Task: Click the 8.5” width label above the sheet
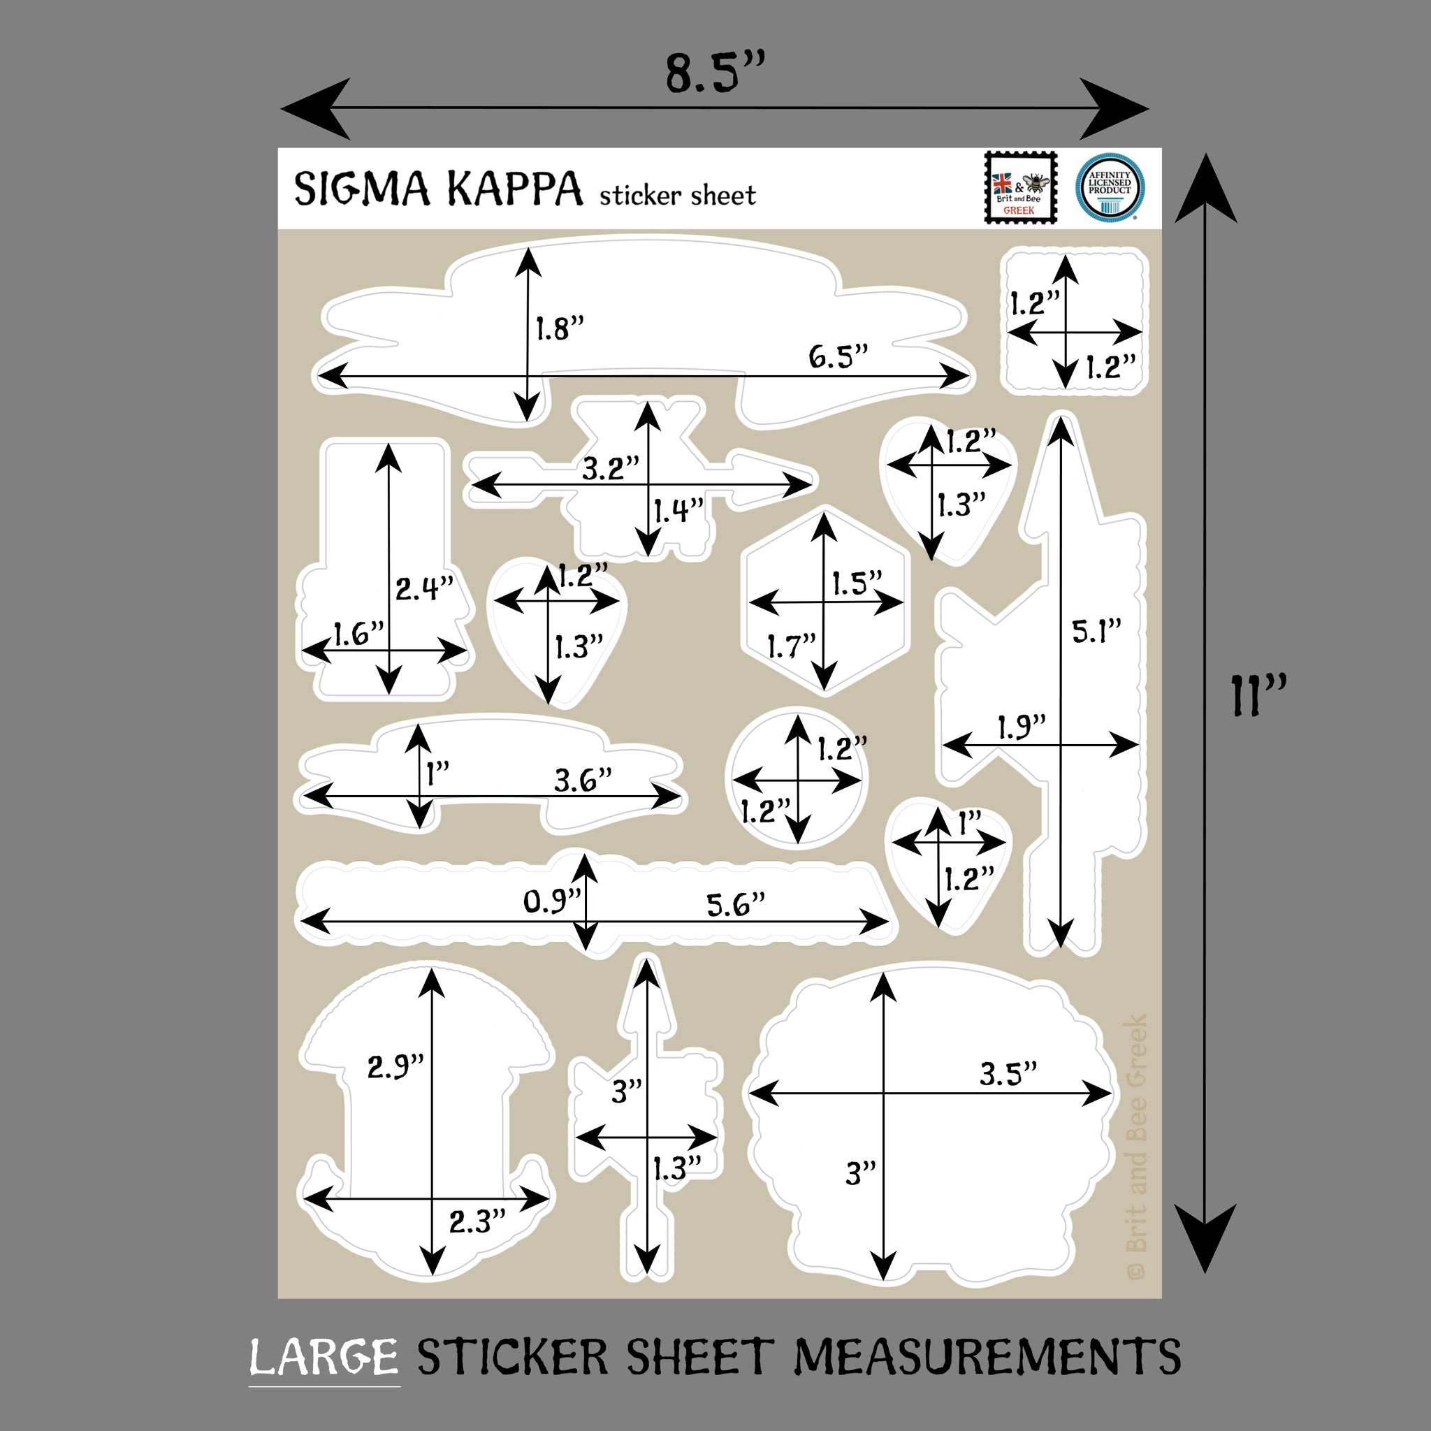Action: [713, 74]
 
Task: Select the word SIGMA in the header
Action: [361, 189]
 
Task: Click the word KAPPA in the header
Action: [514, 189]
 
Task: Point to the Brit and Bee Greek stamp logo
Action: [1020, 187]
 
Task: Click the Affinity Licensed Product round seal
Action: [1109, 187]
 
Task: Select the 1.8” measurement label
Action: [560, 328]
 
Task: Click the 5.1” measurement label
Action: [1096, 631]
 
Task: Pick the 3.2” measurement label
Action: [609, 468]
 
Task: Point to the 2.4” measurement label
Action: [423, 589]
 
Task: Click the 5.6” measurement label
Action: [735, 904]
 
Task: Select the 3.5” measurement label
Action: [1008, 1073]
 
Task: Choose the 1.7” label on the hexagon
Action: [791, 646]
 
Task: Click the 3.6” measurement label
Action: [583, 780]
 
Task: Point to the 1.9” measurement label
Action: [1022, 727]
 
